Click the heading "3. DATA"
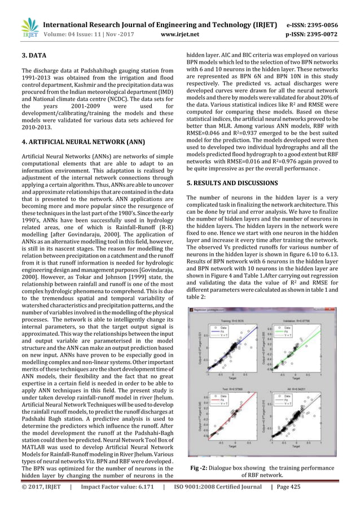click(x=34, y=56)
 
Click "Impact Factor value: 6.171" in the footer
click(x=116, y=500)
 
